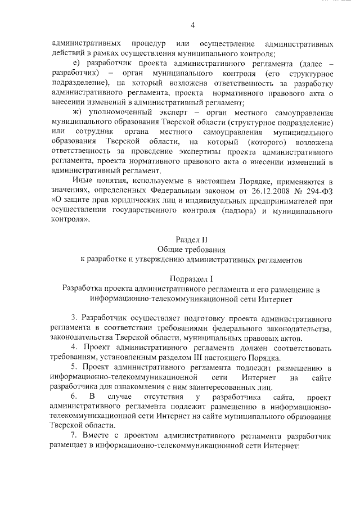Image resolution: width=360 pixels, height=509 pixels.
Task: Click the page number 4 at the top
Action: tap(192, 25)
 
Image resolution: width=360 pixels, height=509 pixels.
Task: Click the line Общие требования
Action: tap(192, 249)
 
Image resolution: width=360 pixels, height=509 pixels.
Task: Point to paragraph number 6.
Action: tap(73, 398)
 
